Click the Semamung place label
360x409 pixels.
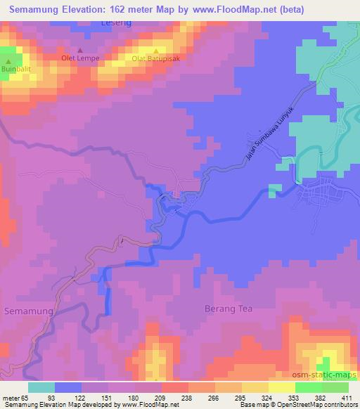27,310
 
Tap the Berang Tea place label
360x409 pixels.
227,309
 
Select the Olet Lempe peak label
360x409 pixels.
79,58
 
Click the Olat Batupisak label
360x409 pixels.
155,58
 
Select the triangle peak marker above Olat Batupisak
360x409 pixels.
155,50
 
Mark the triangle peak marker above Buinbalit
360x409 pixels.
8,63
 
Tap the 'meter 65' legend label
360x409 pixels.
16,398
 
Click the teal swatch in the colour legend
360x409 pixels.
41,387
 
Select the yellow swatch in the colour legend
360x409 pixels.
282,387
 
